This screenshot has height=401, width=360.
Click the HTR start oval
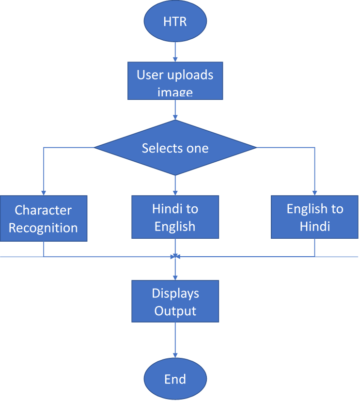(175, 22)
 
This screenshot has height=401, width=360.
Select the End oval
(175, 379)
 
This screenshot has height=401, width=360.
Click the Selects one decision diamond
(175, 148)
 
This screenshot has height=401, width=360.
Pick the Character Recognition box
(44, 218)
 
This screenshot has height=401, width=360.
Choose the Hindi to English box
(175, 218)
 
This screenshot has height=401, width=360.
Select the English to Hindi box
(314, 217)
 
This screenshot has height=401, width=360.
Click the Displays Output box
(175, 301)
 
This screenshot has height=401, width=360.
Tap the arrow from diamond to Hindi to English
(175, 185)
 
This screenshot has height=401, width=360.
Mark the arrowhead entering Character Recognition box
(44, 192)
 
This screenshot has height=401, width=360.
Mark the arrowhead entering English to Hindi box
(314, 192)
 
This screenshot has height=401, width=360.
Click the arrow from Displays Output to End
(175, 340)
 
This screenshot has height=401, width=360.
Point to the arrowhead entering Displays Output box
(175, 277)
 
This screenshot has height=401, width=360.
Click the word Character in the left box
(43, 210)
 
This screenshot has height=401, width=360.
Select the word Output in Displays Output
(175, 310)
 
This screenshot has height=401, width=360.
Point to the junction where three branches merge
(175, 256)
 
